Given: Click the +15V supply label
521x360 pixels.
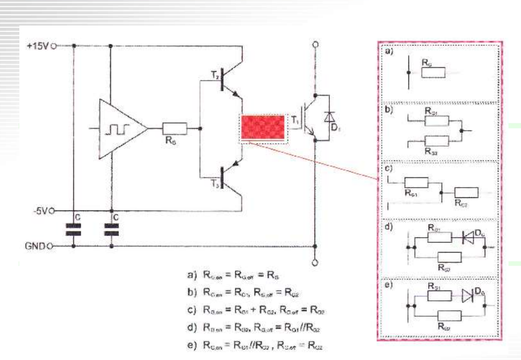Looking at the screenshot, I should tap(38, 46).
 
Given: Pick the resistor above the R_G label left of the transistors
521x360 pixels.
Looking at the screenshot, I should tap(172, 129).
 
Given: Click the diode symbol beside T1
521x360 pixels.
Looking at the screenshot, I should tap(329, 117).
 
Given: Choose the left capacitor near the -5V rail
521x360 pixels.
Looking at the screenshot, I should tap(73, 229).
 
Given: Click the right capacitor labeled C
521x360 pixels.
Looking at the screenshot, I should tap(111, 229).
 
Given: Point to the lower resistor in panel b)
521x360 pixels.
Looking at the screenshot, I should tap(437, 141).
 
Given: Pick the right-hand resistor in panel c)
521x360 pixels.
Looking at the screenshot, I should tap(465, 192).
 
